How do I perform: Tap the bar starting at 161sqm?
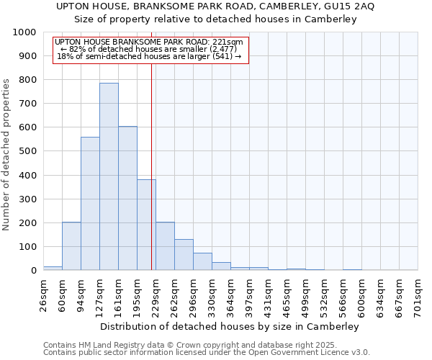click(x=127, y=198)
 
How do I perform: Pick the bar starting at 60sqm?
click(x=71, y=246)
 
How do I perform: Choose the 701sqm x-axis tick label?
click(x=418, y=294)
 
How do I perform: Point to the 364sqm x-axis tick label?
click(x=231, y=294)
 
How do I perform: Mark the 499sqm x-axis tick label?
click(x=306, y=294)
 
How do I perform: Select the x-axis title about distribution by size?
click(x=230, y=326)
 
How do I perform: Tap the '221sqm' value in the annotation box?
click(x=228, y=42)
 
